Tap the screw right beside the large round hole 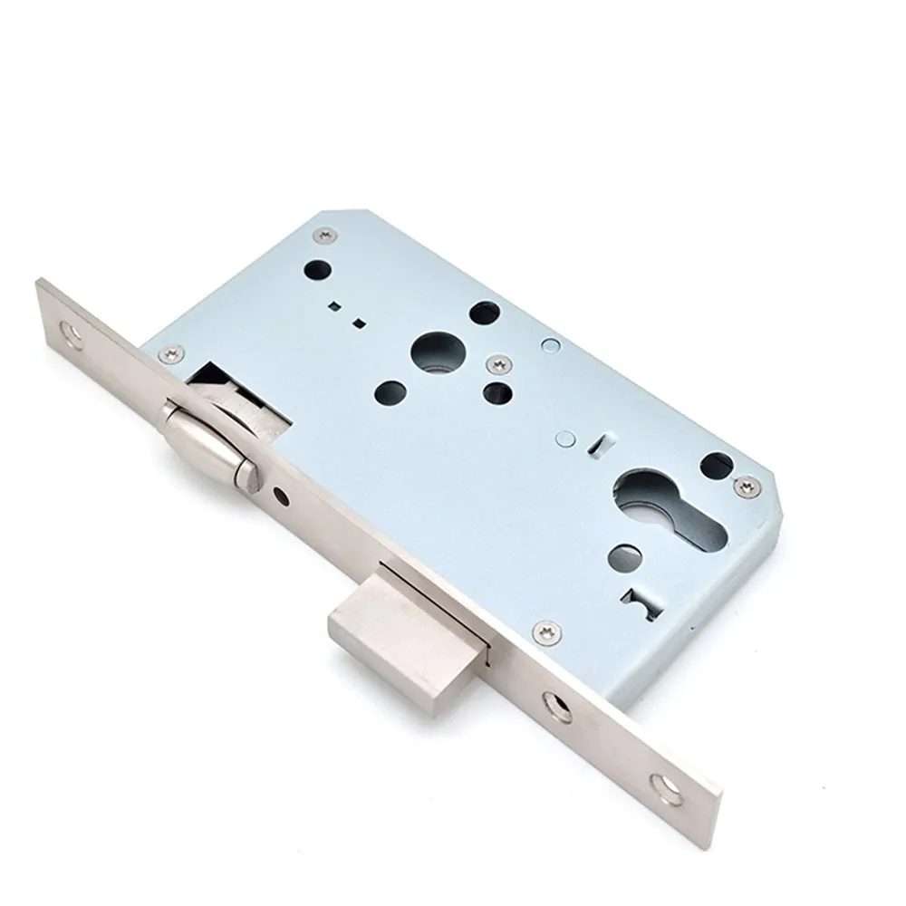496,363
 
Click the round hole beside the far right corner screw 717,463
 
